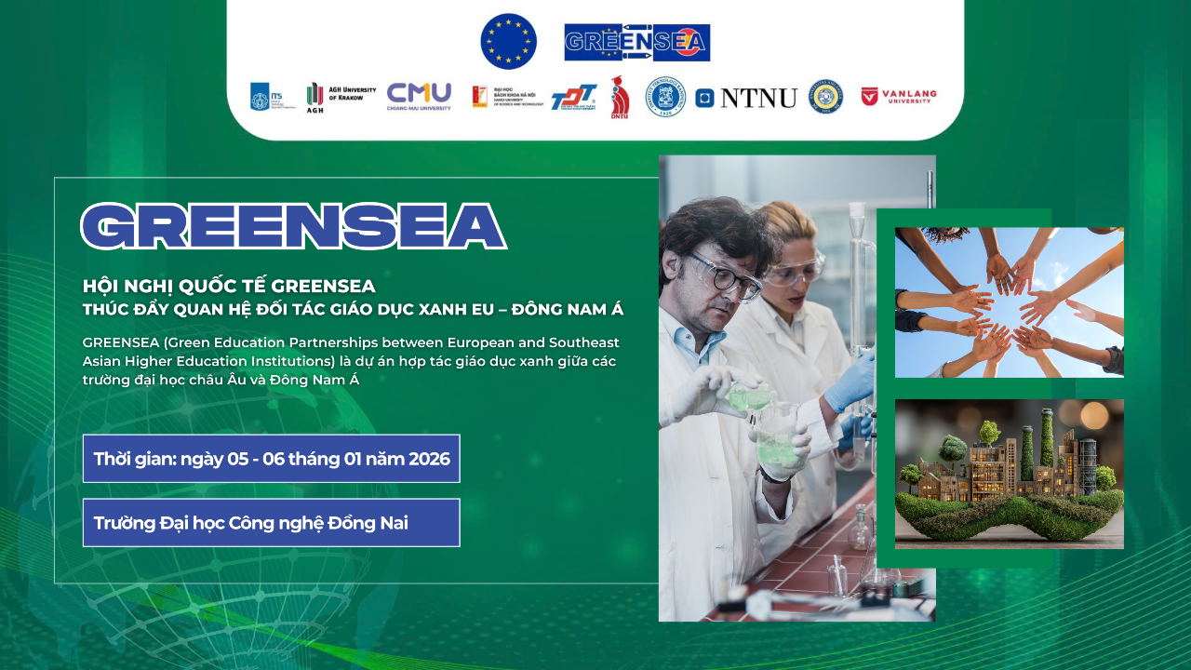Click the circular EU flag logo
(508, 42)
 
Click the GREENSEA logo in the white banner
(636, 42)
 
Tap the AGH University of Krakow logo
(341, 97)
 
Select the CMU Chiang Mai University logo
(419, 97)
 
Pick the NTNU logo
(746, 98)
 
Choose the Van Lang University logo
(899, 97)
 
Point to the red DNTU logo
(620, 97)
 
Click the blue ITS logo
(261, 97)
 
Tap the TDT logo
(573, 97)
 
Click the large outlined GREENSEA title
(293, 226)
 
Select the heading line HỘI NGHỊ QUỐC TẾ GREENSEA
(229, 286)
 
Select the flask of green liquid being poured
(751, 397)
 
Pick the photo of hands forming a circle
(1009, 302)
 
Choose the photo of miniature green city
(1009, 474)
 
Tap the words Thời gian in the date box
(134, 459)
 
